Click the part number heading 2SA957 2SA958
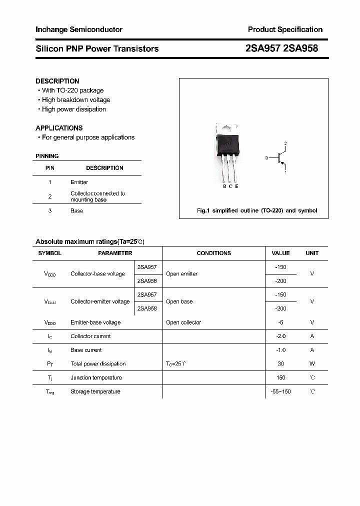pos(281,48)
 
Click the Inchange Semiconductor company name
pos(79,29)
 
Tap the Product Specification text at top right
pos(285,29)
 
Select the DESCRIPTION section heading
pos(57,81)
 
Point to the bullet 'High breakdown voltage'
pos(75,100)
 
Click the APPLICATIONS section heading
pos(59,128)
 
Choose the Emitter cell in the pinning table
pos(79,182)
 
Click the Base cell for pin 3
pos(76,211)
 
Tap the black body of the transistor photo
pos(227,145)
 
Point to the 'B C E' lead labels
pos(230,186)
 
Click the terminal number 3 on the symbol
pos(266,158)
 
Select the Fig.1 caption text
pos(257,211)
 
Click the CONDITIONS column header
pos(213,253)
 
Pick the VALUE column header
pos(280,253)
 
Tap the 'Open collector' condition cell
pos(183,322)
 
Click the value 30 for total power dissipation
pos(280,364)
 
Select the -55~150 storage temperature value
pos(280,391)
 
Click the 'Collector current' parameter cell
pos(90,336)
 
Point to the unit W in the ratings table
pos(312,364)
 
